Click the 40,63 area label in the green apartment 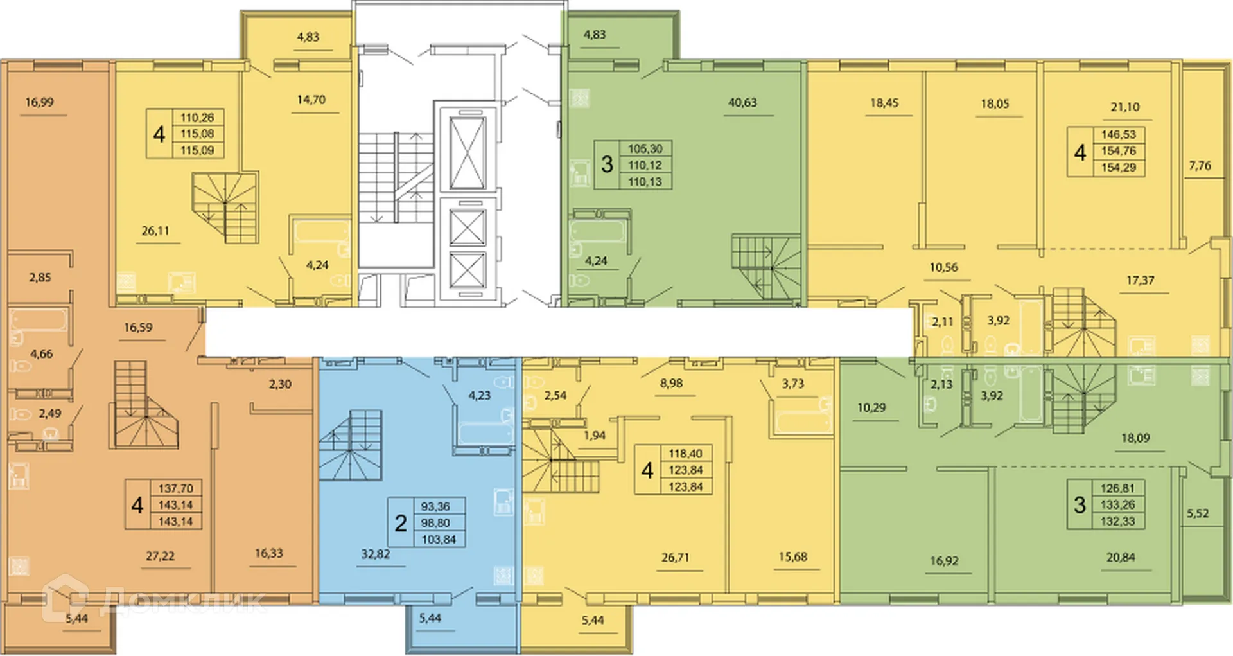pos(742,102)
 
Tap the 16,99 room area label pos(39,102)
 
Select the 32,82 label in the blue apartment pos(376,554)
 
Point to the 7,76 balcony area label pos(1200,166)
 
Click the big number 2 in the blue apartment pos(401,523)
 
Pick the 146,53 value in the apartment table pos(1119,134)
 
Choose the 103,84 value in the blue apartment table pos(439,540)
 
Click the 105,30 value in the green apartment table pos(645,148)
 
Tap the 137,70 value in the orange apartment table pos(175,488)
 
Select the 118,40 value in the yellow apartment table pos(685,454)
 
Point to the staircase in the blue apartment pos(351,446)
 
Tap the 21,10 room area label pos(1125,107)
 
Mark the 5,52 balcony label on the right pos(1198,513)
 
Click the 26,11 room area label pos(155,231)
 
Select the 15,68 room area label pos(793,557)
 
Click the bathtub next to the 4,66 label pos(39,320)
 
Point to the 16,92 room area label pos(944,561)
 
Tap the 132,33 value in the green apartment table pos(1117,522)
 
